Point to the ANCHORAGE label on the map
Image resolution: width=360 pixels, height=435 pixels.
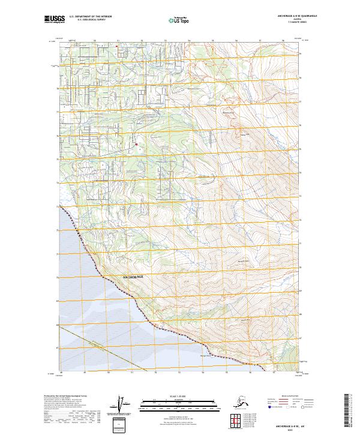tap(133, 277)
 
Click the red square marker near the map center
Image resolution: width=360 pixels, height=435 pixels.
tap(136, 144)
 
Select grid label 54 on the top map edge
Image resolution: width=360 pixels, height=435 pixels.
tap(188, 40)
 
